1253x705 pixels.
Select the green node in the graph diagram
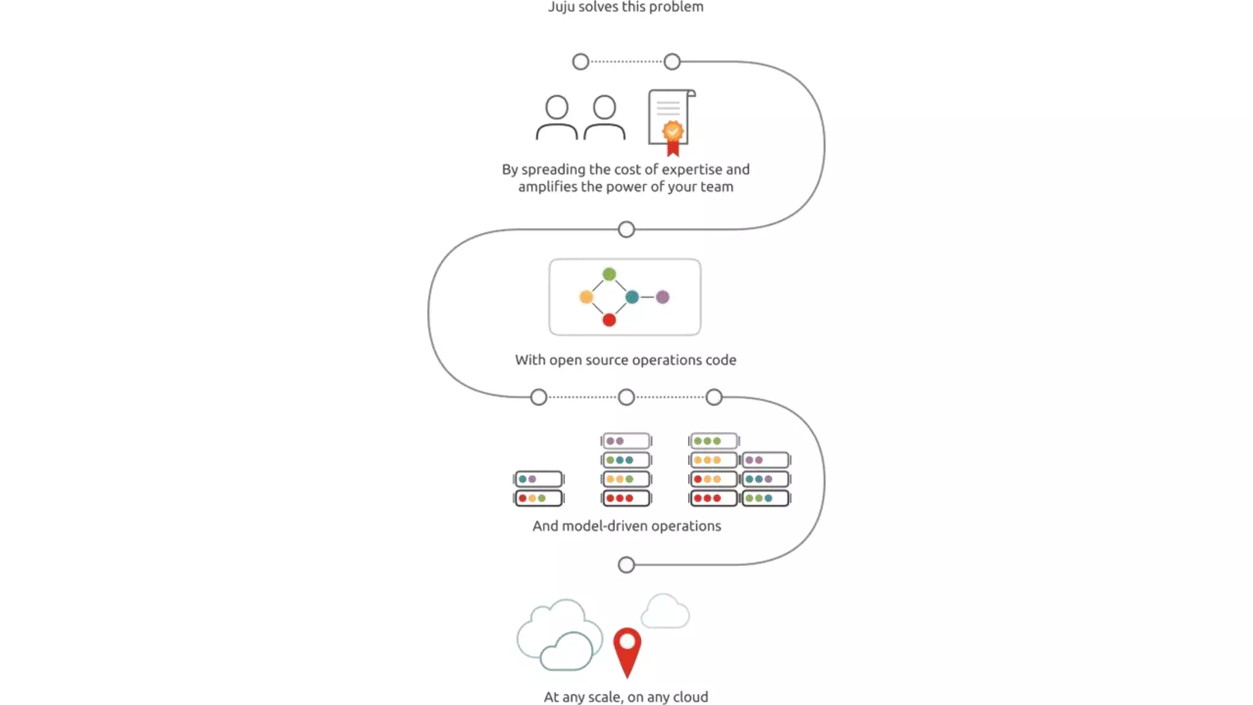tap(609, 274)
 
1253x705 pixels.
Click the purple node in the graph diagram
tap(663, 297)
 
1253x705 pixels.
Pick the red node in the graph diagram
tap(609, 320)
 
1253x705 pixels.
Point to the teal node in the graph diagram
tap(632, 297)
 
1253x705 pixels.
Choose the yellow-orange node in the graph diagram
tap(586, 297)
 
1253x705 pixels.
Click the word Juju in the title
tap(561, 7)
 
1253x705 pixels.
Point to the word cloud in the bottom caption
tap(690, 697)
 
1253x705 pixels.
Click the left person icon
tap(557, 117)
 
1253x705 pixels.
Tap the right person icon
tap(604, 117)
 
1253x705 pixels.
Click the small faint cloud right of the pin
tap(665, 611)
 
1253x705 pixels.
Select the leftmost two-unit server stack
tap(538, 488)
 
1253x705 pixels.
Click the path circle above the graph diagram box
tap(626, 229)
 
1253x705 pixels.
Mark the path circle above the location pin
tap(626, 565)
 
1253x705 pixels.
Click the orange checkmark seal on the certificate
tap(673, 131)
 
